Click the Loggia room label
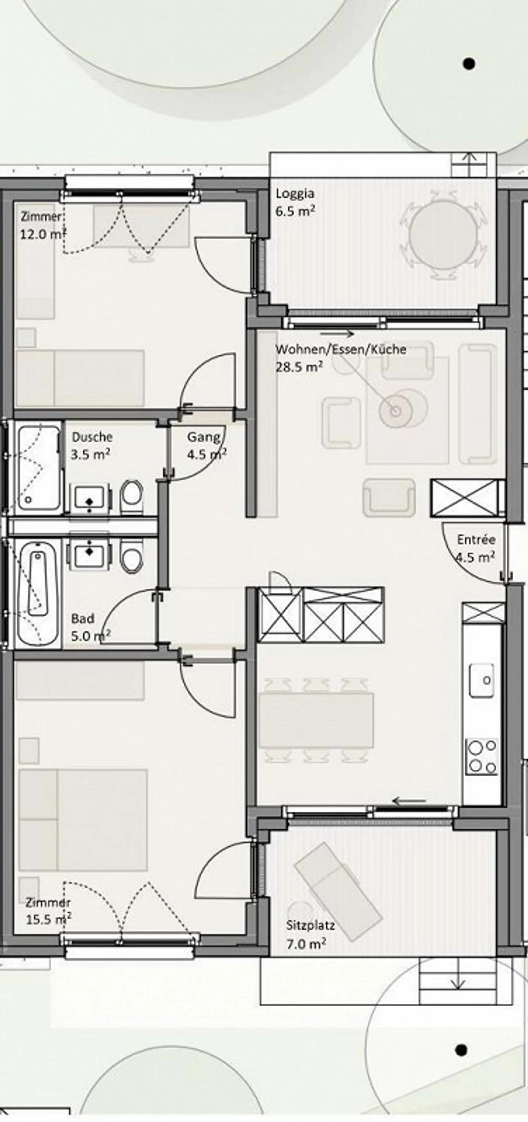pyautogui.click(x=295, y=202)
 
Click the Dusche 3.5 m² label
pyautogui.click(x=91, y=446)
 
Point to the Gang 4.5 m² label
pyautogui.click(x=206, y=446)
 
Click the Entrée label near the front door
pyautogui.click(x=476, y=548)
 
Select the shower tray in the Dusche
pyautogui.click(x=39, y=468)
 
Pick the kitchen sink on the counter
pyautogui.click(x=482, y=680)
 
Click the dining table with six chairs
pyautogui.click(x=316, y=720)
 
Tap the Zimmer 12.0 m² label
pyautogui.click(x=42, y=225)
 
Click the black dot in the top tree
pyautogui.click(x=469, y=64)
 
